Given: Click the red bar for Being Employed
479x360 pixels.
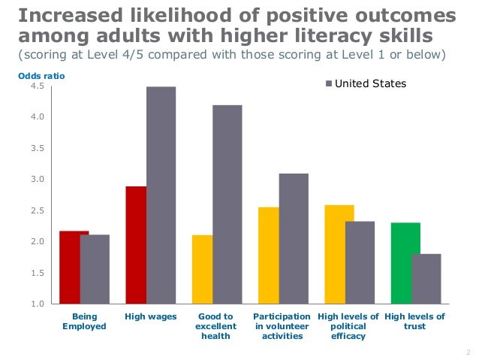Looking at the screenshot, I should [x=74, y=267].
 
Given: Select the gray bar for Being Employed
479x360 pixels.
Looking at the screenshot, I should [x=95, y=269].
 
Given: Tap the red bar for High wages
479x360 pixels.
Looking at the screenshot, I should [x=136, y=244].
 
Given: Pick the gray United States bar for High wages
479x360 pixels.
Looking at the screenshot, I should [x=161, y=195].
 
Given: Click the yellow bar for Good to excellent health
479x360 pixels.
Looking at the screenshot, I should [x=202, y=269].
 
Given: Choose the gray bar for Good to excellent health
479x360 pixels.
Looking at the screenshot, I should [x=227, y=204].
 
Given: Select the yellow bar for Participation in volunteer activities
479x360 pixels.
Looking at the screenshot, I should [x=268, y=255].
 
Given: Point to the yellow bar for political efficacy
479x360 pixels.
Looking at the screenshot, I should [x=339, y=254].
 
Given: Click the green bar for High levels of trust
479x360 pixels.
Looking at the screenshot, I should [x=405, y=263].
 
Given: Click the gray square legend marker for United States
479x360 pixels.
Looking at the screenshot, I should [x=328, y=84].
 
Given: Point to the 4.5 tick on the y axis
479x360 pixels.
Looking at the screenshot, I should [x=38, y=86].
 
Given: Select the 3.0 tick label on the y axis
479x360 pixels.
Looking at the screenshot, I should [x=38, y=180].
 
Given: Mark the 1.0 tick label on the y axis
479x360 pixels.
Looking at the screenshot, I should [x=38, y=304].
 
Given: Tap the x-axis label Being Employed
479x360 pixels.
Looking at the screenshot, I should [x=78, y=322].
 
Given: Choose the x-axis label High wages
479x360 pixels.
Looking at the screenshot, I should [x=150, y=317].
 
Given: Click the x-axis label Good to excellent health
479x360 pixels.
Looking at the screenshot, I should [x=215, y=326].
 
